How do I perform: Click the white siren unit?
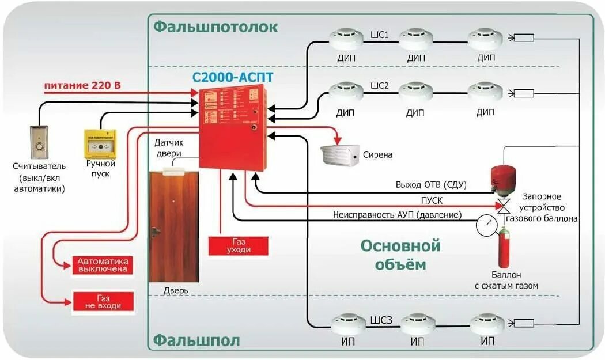pyautogui.click(x=340, y=154)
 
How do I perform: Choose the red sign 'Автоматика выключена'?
pyautogui.click(x=103, y=265)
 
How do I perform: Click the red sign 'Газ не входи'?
pyautogui.click(x=103, y=301)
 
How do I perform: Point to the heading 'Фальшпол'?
pyautogui.click(x=196, y=340)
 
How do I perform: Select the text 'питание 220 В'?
pyautogui.click(x=82, y=85)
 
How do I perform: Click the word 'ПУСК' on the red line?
pyautogui.click(x=432, y=200)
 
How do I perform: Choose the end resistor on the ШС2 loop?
pyautogui.click(x=524, y=93)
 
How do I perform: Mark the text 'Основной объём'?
pyautogui.click(x=400, y=255)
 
